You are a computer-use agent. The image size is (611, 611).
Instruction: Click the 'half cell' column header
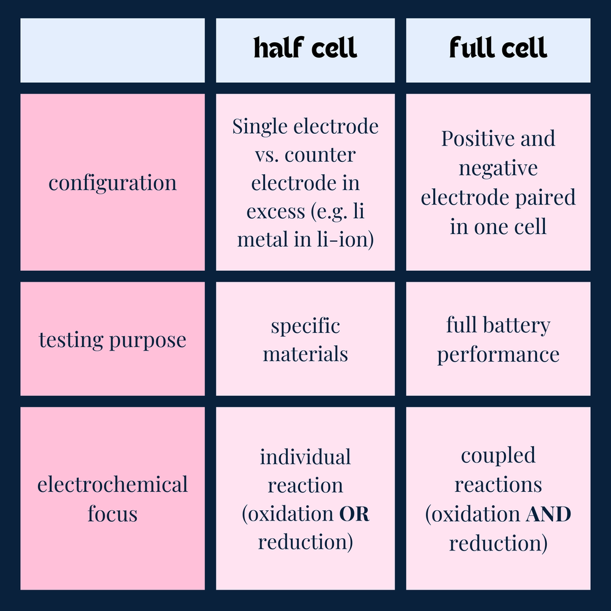click(x=305, y=49)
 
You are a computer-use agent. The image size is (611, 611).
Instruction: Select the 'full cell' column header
click(x=498, y=49)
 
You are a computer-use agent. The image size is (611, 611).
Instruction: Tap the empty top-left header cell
click(x=112, y=50)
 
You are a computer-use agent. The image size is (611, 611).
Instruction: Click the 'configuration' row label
click(x=112, y=183)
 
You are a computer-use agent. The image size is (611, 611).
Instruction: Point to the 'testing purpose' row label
click(x=112, y=340)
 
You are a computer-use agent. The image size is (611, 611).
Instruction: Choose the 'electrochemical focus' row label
click(x=112, y=499)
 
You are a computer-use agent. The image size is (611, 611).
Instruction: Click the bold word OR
click(x=354, y=514)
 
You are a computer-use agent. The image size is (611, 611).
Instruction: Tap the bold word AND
click(x=548, y=514)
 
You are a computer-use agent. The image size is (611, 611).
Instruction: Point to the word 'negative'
click(x=498, y=168)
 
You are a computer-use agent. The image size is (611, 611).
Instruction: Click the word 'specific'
click(x=305, y=326)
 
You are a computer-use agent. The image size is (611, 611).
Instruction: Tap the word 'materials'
click(x=305, y=354)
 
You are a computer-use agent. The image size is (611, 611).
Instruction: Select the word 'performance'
click(x=498, y=354)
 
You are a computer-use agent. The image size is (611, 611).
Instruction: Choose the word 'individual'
click(x=305, y=457)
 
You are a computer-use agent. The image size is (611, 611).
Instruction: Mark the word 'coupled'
click(x=498, y=456)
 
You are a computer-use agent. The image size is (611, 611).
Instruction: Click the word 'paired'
click(x=544, y=197)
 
